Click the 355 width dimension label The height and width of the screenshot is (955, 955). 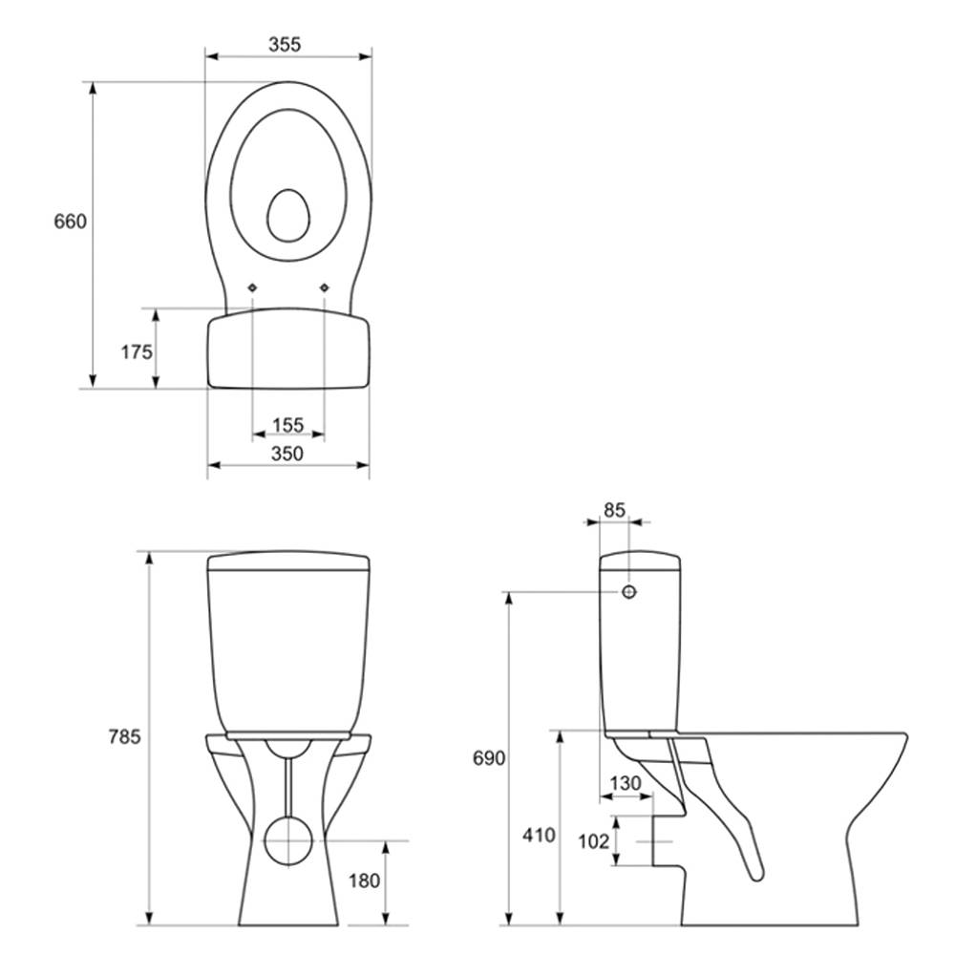click(285, 45)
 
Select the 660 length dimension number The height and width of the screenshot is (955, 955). click(70, 222)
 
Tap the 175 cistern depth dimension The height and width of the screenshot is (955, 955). click(137, 352)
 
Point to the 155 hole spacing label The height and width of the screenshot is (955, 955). click(287, 425)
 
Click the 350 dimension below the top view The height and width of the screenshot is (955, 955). click(286, 453)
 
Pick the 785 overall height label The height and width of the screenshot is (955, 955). click(124, 736)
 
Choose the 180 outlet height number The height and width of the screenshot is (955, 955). click(364, 881)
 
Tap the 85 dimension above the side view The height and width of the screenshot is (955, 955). click(614, 509)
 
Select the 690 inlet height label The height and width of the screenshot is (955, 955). click(489, 758)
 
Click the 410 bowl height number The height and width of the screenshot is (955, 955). click(539, 835)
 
